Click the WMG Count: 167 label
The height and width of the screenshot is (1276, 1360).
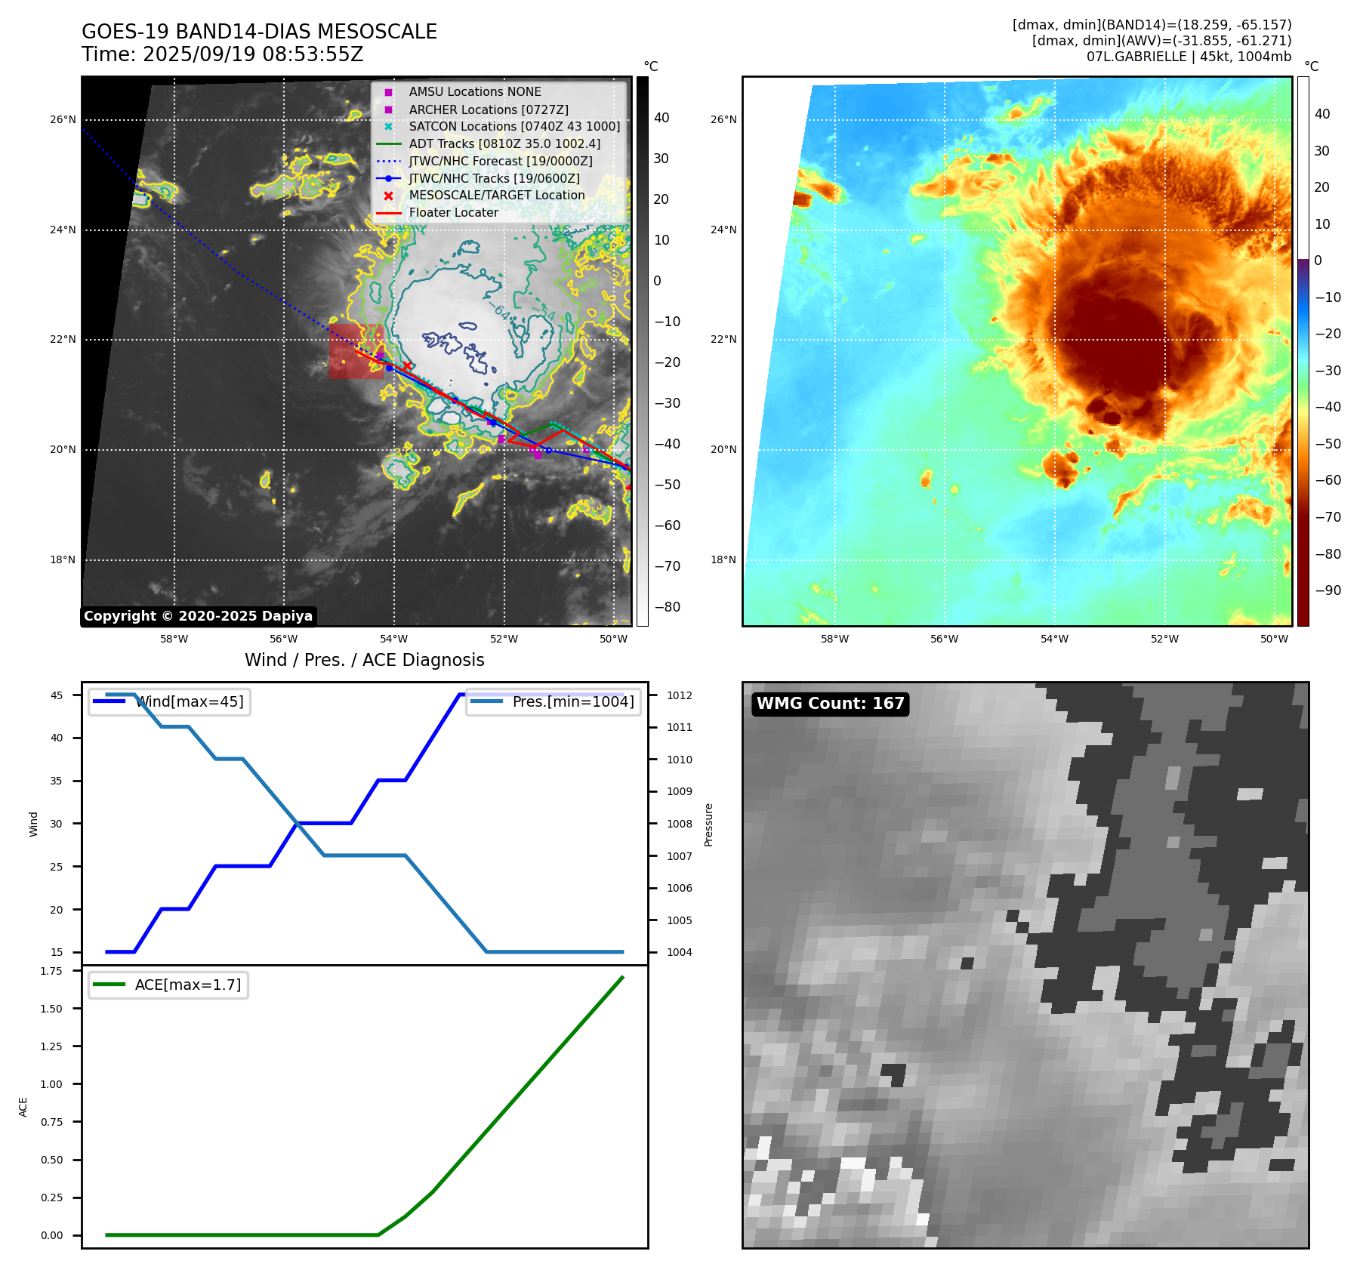pyautogui.click(x=830, y=704)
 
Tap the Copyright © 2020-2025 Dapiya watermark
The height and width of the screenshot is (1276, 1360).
pyautogui.click(x=198, y=616)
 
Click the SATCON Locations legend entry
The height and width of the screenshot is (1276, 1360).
pyautogui.click(x=514, y=126)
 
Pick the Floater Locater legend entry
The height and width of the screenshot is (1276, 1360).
pyautogui.click(x=453, y=212)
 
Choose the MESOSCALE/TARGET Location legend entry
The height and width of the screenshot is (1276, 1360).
pyautogui.click(x=496, y=195)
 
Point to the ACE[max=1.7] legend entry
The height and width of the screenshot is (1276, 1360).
pyautogui.click(x=187, y=985)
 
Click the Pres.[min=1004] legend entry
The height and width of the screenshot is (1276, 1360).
pyautogui.click(x=572, y=701)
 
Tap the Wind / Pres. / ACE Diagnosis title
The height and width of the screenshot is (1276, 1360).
pyautogui.click(x=365, y=660)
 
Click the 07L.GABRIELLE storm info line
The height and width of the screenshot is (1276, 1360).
pyautogui.click(x=1189, y=57)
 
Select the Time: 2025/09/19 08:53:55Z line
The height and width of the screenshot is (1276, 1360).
pyautogui.click(x=223, y=54)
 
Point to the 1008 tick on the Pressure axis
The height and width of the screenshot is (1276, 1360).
pyautogui.click(x=679, y=824)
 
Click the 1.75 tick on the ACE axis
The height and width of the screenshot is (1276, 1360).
pyautogui.click(x=51, y=971)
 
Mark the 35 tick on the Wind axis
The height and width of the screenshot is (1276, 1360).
pyautogui.click(x=57, y=781)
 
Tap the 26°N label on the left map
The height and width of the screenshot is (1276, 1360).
pyautogui.click(x=63, y=119)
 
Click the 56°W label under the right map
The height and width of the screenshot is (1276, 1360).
pyautogui.click(x=944, y=639)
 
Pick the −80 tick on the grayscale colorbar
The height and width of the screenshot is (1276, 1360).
pyautogui.click(x=667, y=607)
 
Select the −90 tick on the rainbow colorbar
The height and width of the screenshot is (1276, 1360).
pyautogui.click(x=1328, y=590)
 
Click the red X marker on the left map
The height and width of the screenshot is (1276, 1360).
pyautogui.click(x=407, y=366)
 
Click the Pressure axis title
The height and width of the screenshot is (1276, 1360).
pyautogui.click(x=708, y=824)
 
